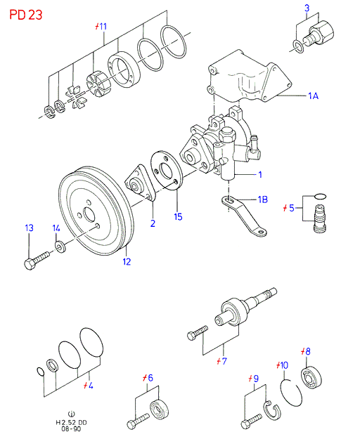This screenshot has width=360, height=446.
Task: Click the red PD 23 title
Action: pyautogui.click(x=25, y=15)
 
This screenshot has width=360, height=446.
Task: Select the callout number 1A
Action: pyautogui.click(x=313, y=96)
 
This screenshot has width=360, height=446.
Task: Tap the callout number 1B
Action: pyautogui.click(x=262, y=199)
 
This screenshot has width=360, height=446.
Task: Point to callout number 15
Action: pyautogui.click(x=178, y=217)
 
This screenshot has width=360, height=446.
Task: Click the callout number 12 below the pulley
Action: pyautogui.click(x=127, y=261)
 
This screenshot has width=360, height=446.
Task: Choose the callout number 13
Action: pyautogui.click(x=30, y=228)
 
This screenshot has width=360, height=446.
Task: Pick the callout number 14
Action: pyautogui.click(x=56, y=228)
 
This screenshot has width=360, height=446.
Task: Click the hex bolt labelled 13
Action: pyautogui.click(x=37, y=261)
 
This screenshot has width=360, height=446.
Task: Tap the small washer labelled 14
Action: pyautogui.click(x=60, y=247)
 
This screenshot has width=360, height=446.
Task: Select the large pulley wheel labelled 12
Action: pyautogui.click(x=96, y=211)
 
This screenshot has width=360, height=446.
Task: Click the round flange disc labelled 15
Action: pyautogui.click(x=166, y=170)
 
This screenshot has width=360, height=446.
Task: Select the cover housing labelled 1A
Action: pyautogui.click(x=248, y=77)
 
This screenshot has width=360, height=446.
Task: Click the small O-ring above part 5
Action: pyautogui.click(x=321, y=196)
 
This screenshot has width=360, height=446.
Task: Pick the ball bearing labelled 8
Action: pyautogui.click(x=311, y=377)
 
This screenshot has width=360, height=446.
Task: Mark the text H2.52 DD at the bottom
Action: pyautogui.click(x=71, y=422)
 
